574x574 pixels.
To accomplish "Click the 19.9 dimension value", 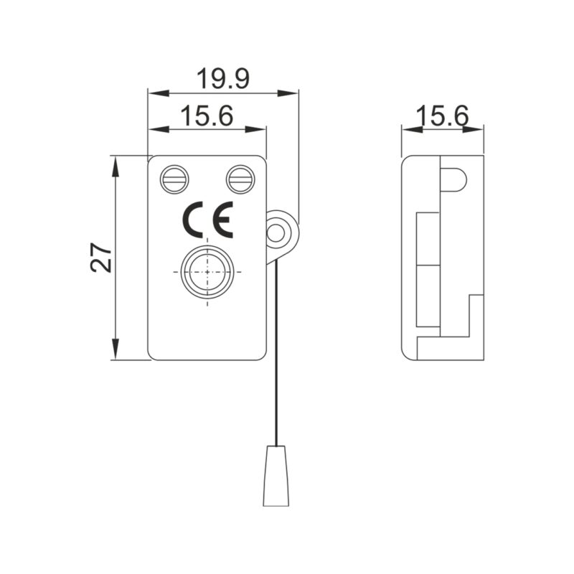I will (223, 78).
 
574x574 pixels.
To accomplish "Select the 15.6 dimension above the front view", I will (206, 116).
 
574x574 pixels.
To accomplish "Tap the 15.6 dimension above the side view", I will (442, 116).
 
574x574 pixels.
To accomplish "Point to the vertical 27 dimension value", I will (101, 257).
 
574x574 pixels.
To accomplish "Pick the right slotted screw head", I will (240, 179).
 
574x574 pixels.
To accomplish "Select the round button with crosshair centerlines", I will (207, 273).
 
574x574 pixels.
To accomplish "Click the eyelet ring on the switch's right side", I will (276, 231).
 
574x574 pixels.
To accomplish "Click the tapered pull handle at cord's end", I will (276, 475).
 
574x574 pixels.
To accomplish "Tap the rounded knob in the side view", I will (453, 180).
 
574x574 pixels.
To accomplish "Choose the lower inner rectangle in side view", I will (428, 296).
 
